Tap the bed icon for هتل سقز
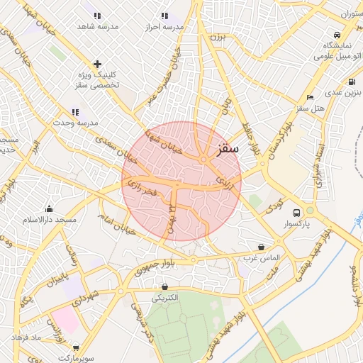point(310,97)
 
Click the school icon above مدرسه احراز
point(164,16)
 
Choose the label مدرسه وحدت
point(77,123)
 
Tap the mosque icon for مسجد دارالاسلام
point(49,208)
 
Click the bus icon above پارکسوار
point(296,211)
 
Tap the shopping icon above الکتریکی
point(165,287)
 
